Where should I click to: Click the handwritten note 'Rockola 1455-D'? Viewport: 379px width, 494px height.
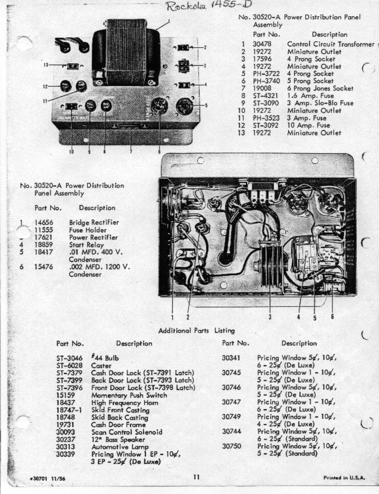click(x=209, y=5)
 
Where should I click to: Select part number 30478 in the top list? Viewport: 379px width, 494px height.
click(x=262, y=44)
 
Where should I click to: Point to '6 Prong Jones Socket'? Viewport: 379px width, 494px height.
click(x=320, y=89)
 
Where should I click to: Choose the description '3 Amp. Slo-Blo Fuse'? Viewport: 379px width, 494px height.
click(x=320, y=103)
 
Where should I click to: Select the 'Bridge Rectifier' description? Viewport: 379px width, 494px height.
click(x=94, y=222)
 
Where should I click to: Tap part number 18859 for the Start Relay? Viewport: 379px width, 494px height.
click(x=43, y=245)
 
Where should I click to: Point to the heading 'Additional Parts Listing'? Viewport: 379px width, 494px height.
click(x=196, y=331)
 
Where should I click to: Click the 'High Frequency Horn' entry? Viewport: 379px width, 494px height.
click(x=124, y=403)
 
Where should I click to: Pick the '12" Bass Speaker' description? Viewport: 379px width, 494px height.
click(x=118, y=440)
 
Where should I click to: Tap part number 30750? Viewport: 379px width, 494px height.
click(x=231, y=446)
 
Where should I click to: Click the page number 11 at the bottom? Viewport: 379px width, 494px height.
click(x=196, y=477)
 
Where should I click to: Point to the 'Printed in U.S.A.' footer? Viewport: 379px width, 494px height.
click(x=344, y=478)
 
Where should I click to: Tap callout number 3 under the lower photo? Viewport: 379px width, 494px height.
click(x=270, y=317)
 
